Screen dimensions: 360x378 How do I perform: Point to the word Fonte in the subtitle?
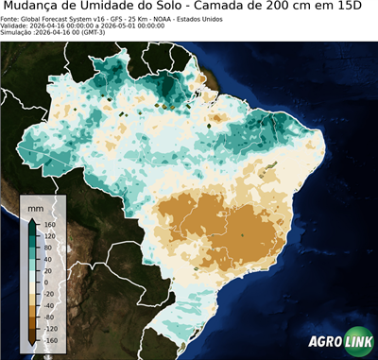point(10,18)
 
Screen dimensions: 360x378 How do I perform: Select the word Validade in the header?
point(16,26)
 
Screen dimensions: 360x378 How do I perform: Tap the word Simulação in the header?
point(18,33)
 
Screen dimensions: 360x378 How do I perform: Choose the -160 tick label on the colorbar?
point(48,338)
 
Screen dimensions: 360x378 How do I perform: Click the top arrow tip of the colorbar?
point(31,219)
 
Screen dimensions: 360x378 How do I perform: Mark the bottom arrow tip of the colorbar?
point(31,345)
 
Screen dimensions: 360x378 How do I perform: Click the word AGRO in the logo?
point(325,343)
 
